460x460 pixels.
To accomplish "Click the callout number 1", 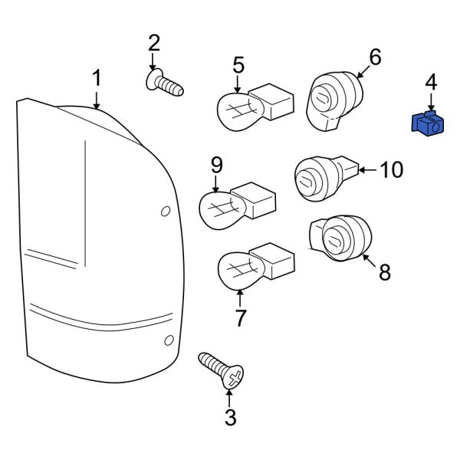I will tap(97, 77).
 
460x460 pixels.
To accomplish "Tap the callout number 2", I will tap(153, 43).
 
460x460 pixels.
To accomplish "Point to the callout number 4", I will tap(431, 82).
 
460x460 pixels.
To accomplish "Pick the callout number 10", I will tap(391, 169).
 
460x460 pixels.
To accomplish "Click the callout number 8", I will tap(385, 271).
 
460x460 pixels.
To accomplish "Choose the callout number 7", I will tap(241, 317).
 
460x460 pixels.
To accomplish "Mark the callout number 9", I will tap(216, 164).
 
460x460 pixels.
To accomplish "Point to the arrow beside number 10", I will tap(367, 169).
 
